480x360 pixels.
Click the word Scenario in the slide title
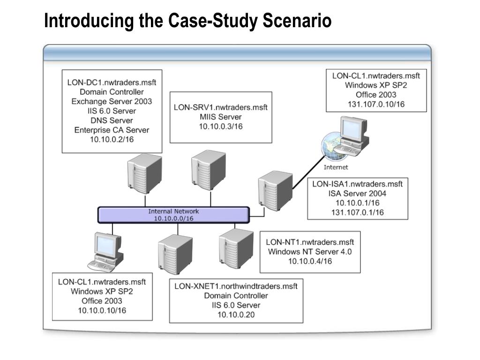click(297, 21)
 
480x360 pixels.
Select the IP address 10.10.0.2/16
click(112, 140)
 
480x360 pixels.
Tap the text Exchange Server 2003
click(112, 101)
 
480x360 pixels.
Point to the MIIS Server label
click(221, 117)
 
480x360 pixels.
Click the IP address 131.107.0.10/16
click(376, 105)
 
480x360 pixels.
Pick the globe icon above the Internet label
click(334, 147)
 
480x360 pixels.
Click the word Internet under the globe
click(336, 167)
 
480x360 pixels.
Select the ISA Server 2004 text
click(357, 194)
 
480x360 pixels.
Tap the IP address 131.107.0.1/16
click(357, 212)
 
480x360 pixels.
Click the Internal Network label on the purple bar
click(173, 211)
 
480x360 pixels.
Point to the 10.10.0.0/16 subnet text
click(173, 218)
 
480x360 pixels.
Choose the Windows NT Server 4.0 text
click(310, 252)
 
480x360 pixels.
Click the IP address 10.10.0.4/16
click(310, 261)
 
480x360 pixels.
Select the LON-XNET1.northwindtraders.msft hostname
click(236, 286)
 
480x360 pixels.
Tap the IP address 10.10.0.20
click(236, 315)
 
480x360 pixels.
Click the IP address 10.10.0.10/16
click(102, 310)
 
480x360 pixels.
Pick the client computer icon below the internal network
click(105, 252)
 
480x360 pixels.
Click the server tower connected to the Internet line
click(275, 190)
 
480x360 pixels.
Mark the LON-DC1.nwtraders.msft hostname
click(112, 82)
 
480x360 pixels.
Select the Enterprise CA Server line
click(112, 130)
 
